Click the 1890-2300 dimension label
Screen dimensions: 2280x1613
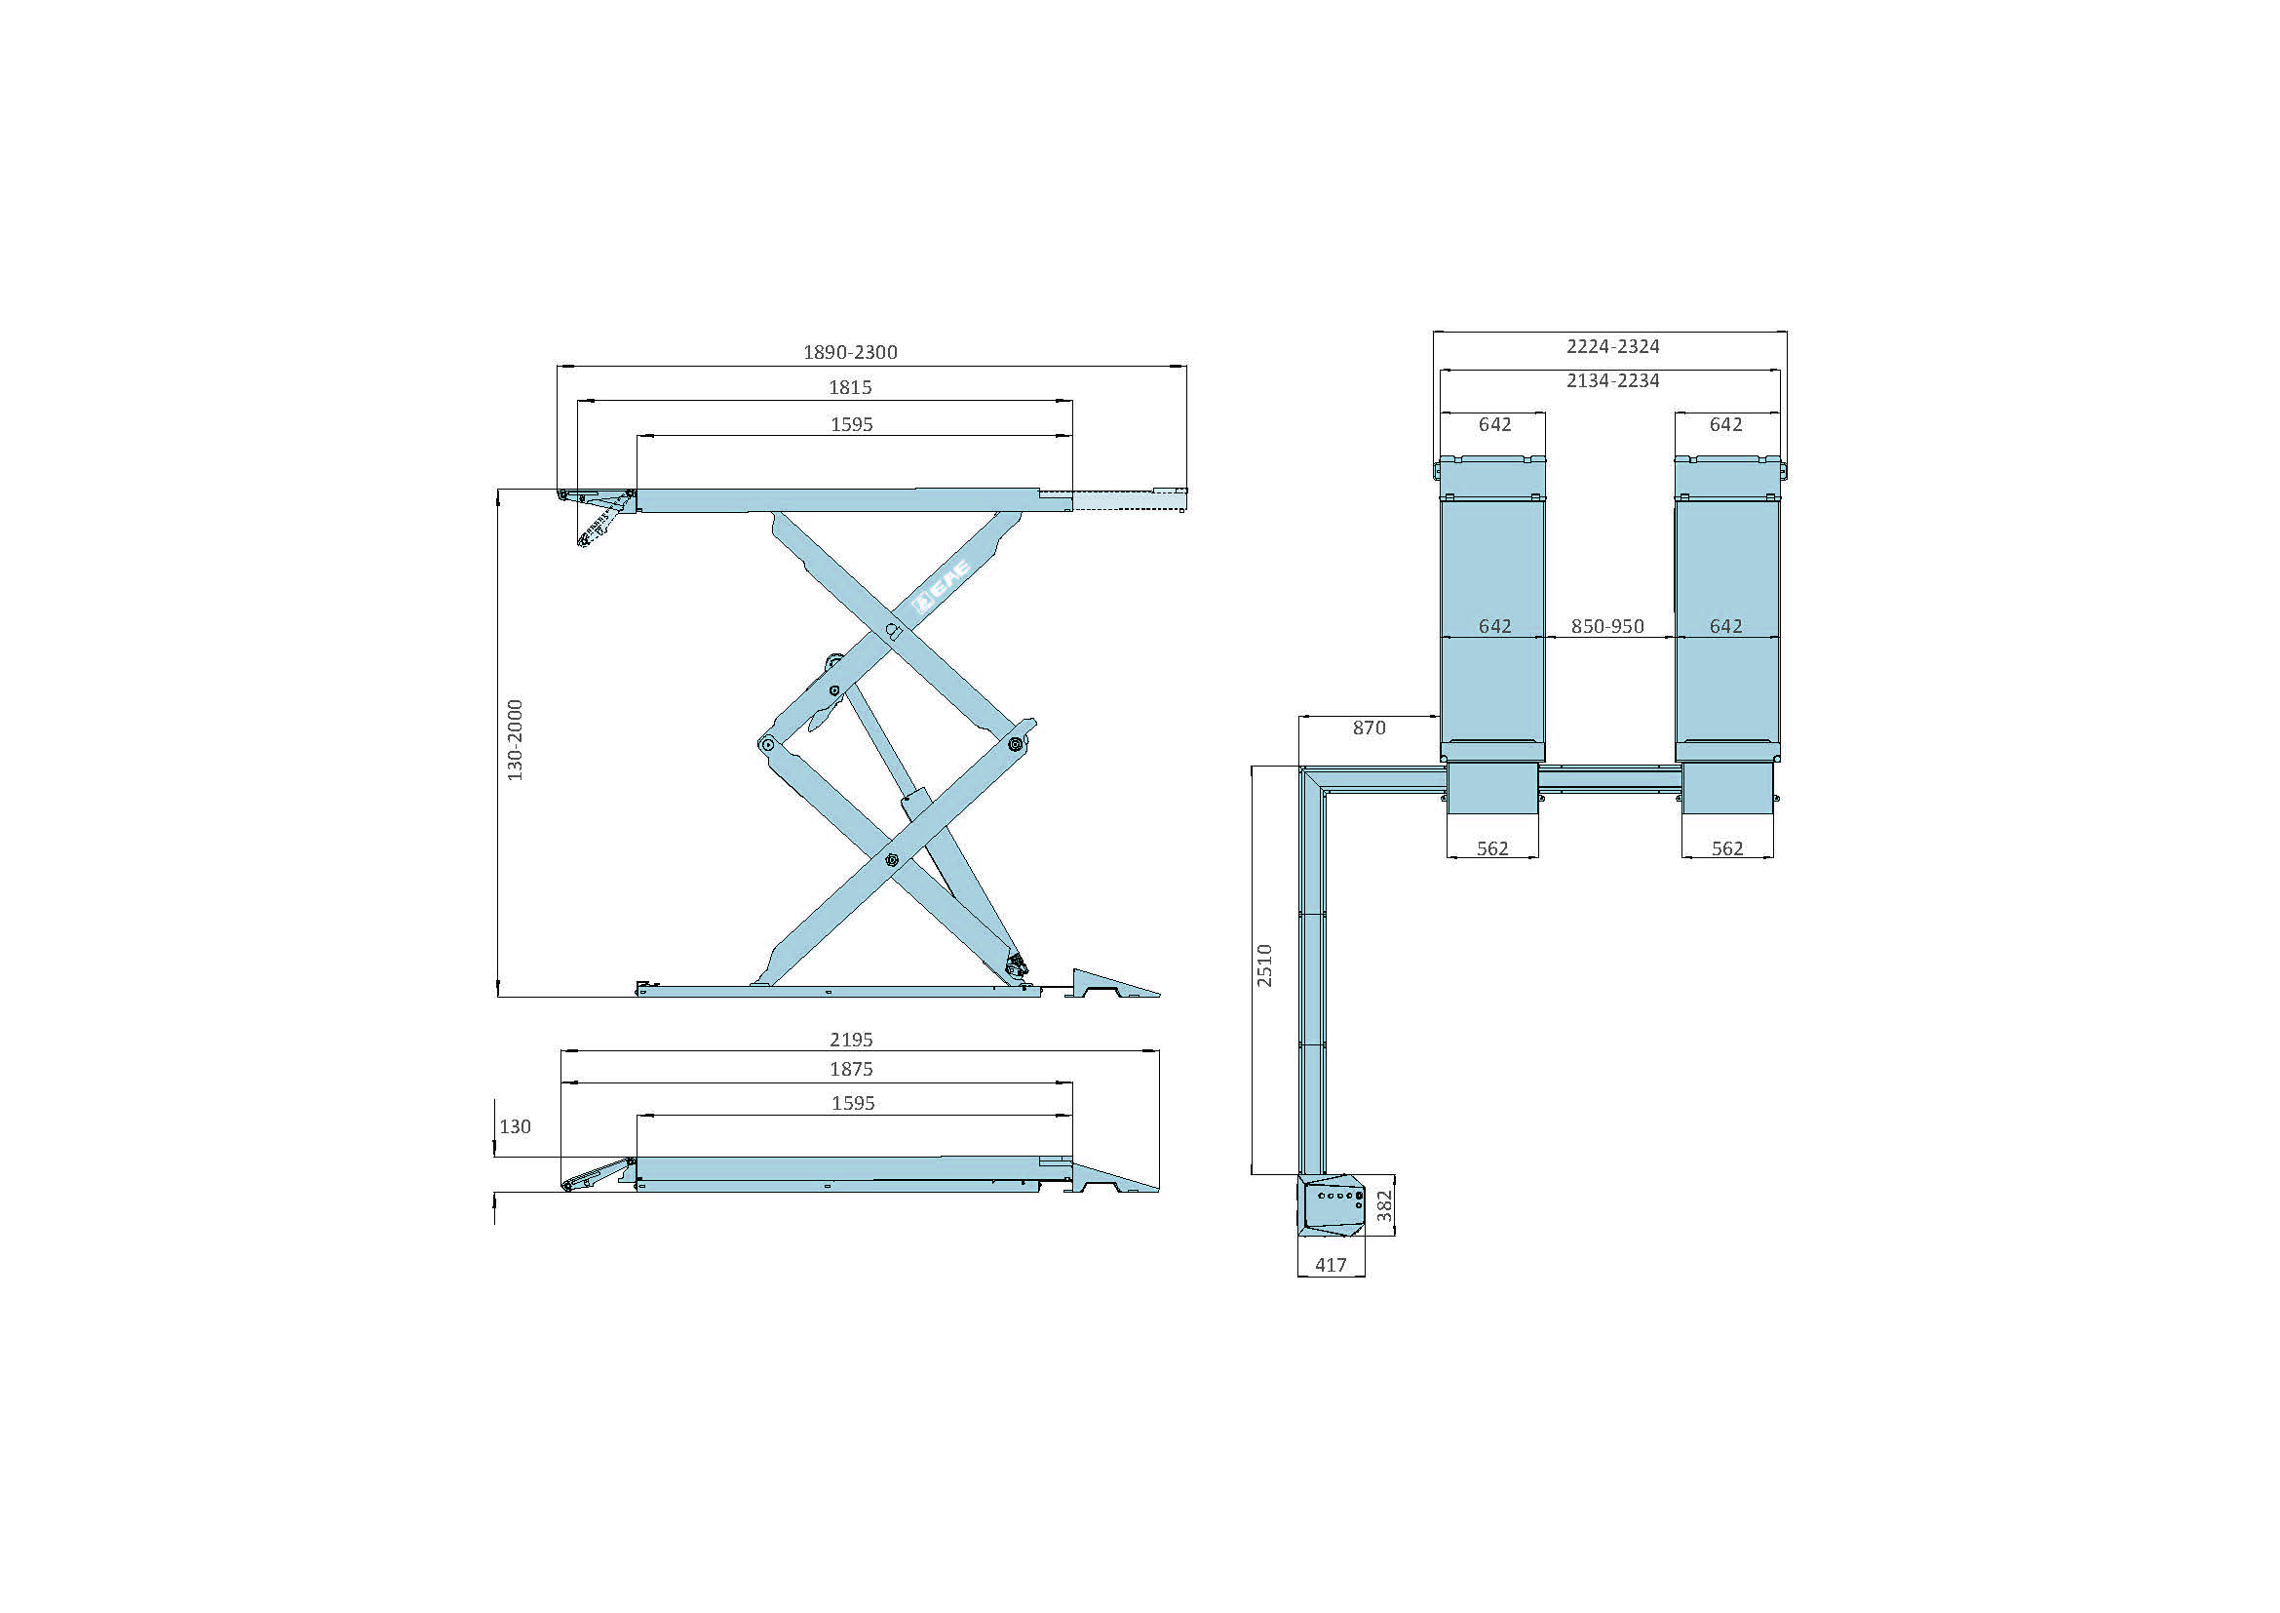(x=850, y=353)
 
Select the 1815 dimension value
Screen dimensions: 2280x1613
(x=850, y=387)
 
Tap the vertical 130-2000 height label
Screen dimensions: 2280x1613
(x=515, y=740)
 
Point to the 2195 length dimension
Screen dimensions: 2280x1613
(x=851, y=1040)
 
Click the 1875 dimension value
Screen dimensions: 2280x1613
(x=851, y=1070)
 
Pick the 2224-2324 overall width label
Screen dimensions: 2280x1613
(x=1612, y=346)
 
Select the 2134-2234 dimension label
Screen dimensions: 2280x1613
(x=1612, y=380)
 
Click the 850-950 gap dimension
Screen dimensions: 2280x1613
(x=1607, y=627)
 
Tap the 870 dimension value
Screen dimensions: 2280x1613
(x=1369, y=728)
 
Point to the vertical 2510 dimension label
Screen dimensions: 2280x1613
(x=1264, y=965)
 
